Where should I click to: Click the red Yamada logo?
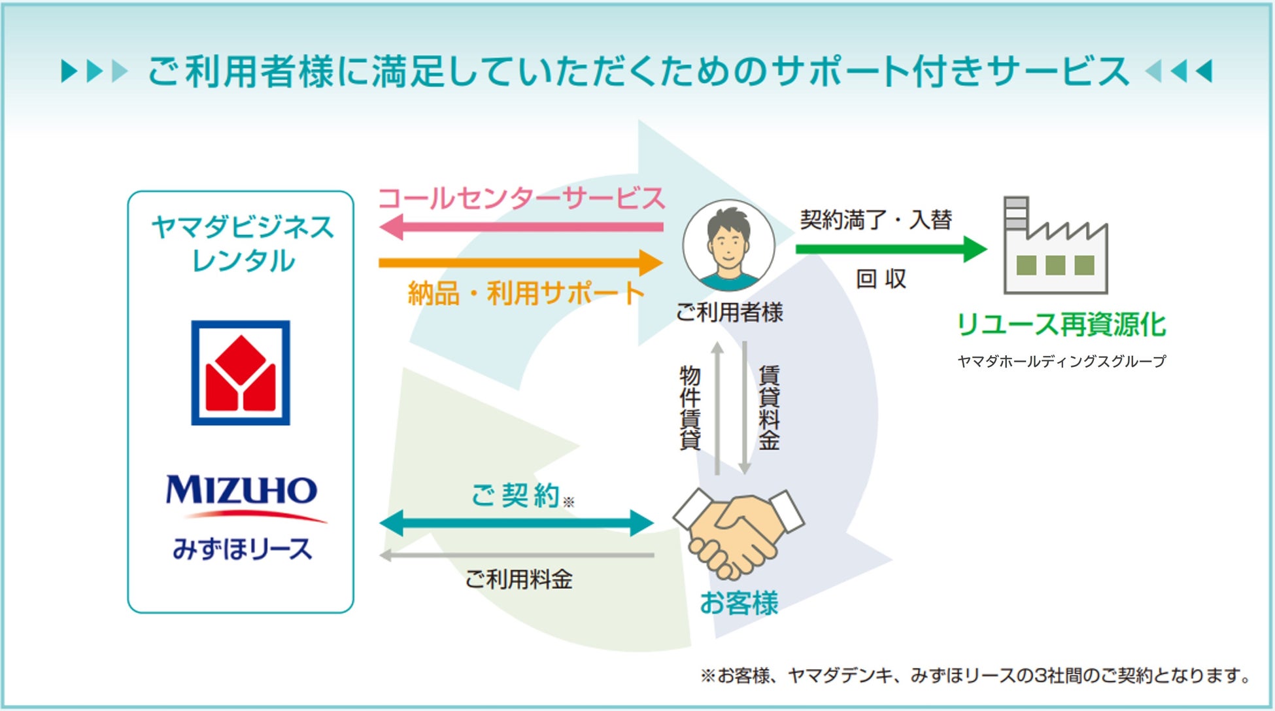[x=241, y=373]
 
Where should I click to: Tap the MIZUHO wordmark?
[x=241, y=490]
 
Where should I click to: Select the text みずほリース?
[x=242, y=549]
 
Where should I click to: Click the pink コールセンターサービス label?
[x=522, y=198]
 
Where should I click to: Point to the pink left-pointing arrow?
[x=520, y=228]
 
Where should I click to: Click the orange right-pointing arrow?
[x=520, y=263]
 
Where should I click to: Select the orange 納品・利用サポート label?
[x=526, y=293]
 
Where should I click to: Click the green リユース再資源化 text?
[x=1061, y=324]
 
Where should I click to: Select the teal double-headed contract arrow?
[x=517, y=523]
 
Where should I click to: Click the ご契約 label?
[x=517, y=495]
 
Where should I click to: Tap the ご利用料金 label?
[x=518, y=580]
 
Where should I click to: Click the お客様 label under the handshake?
[x=739, y=603]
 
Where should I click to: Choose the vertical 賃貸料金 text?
[x=769, y=408]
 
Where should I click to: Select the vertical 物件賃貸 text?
[x=690, y=408]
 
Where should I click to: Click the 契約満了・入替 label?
[x=875, y=220]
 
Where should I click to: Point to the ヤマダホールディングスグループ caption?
[x=1061, y=361]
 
